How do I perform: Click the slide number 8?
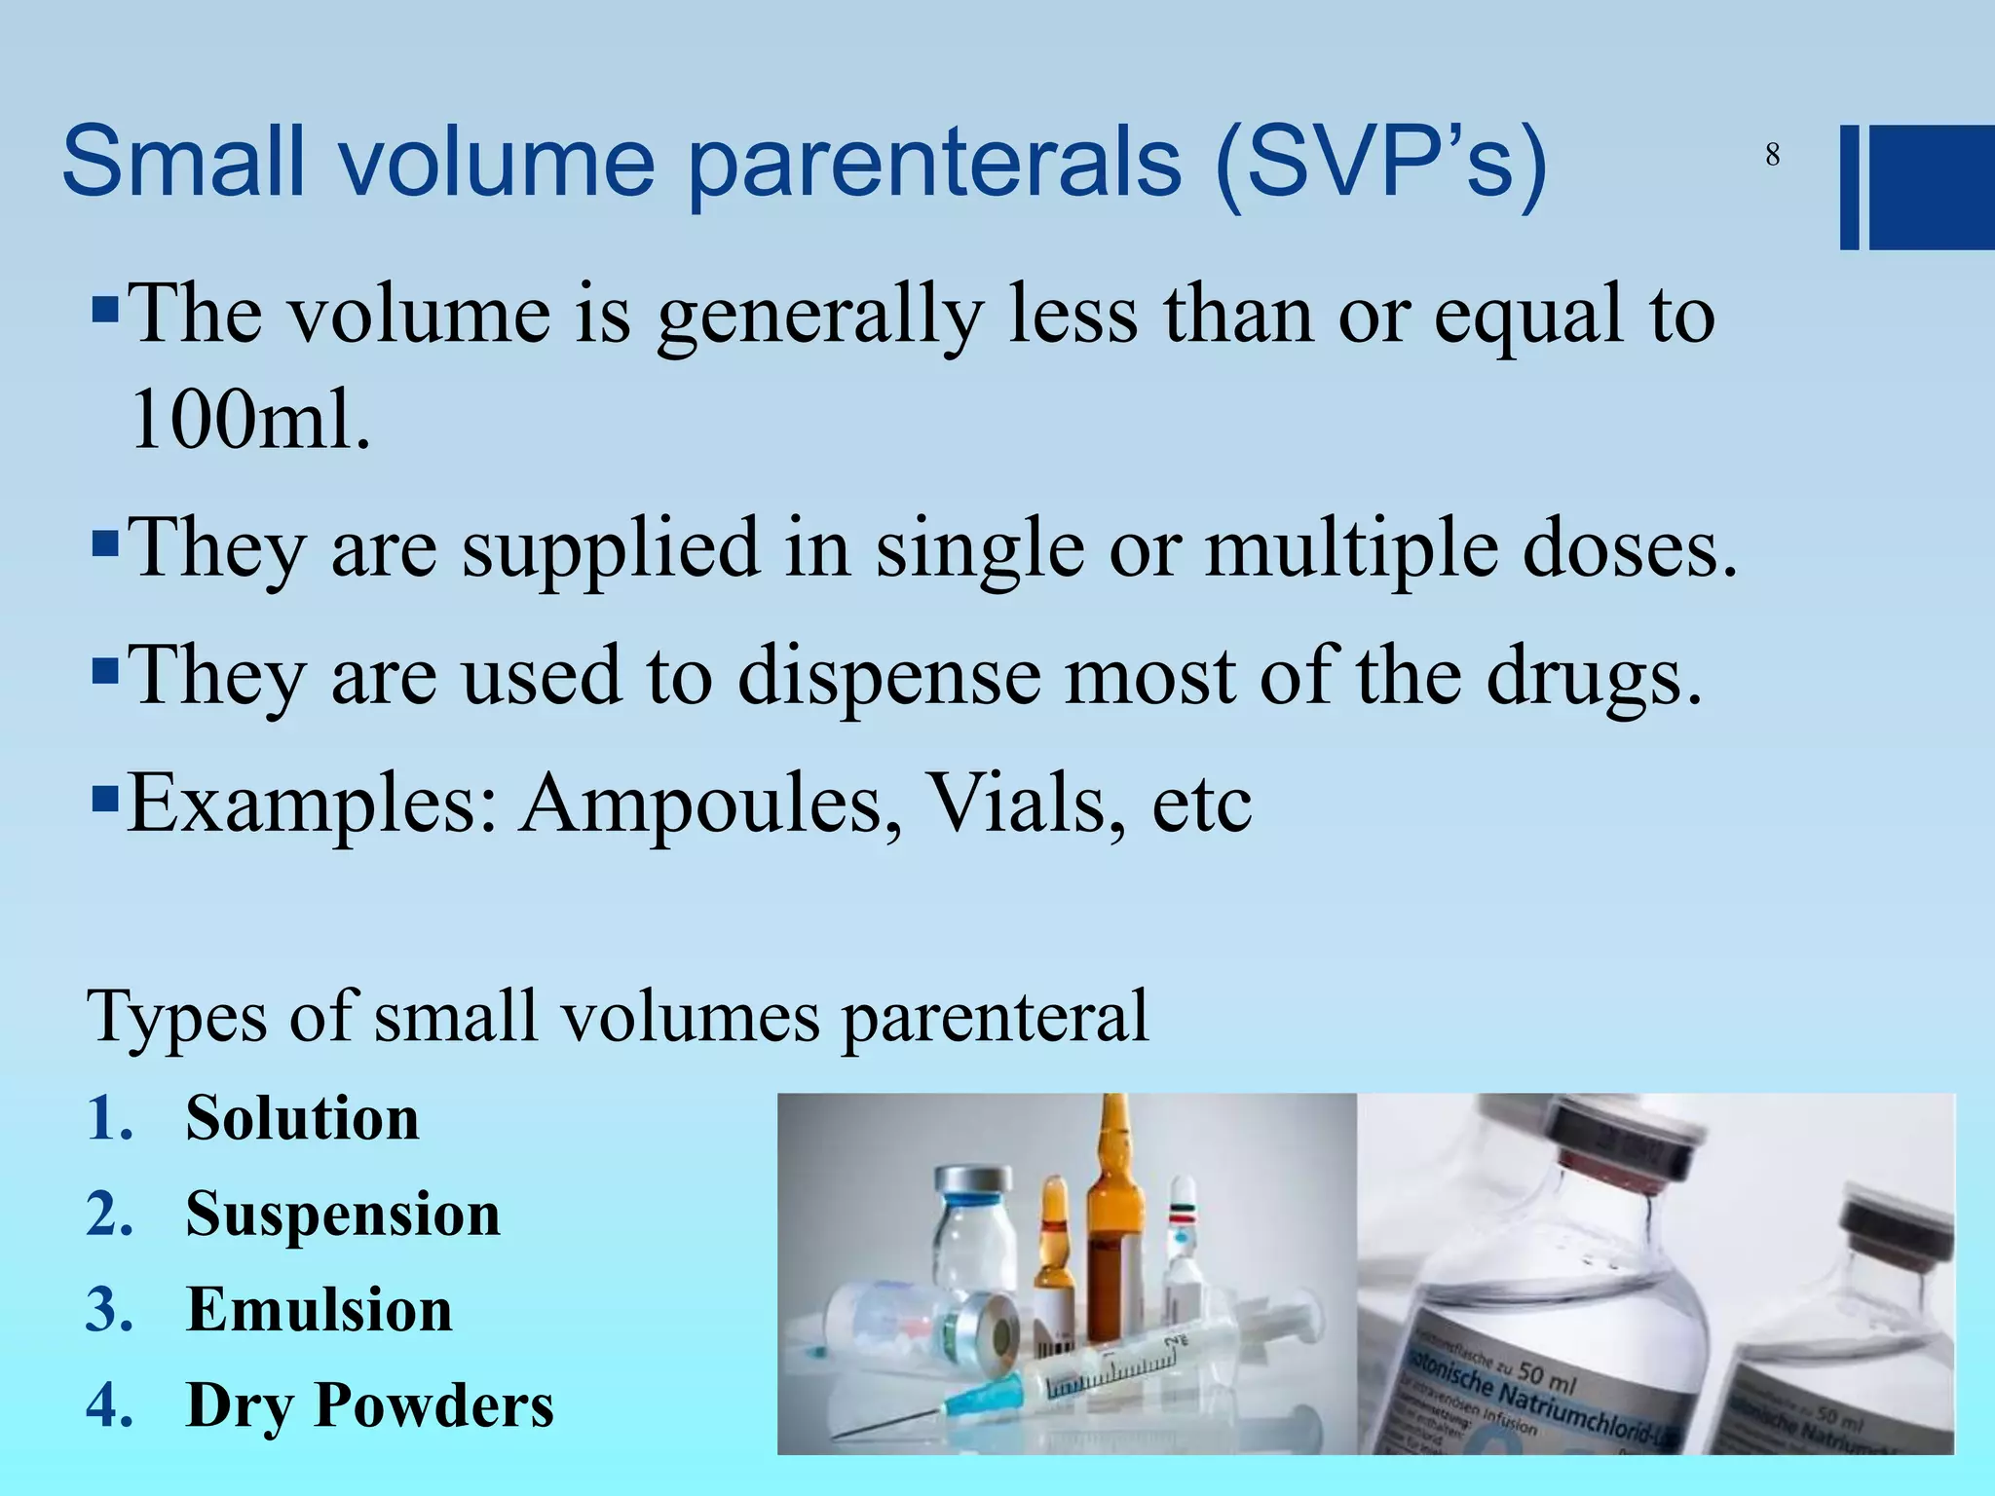tap(1772, 155)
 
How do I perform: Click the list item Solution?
tap(302, 1117)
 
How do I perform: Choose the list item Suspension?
tap(343, 1215)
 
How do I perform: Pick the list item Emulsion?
tap(319, 1309)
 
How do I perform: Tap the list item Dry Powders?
tap(369, 1405)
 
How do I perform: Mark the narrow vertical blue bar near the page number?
tap(1849, 187)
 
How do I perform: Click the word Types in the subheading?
tap(176, 1017)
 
